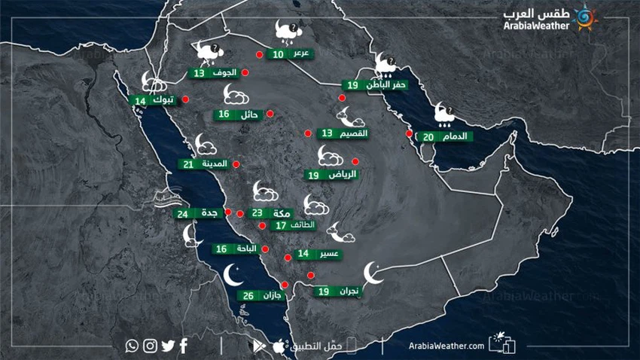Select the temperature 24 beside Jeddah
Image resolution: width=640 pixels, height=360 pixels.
point(183,214)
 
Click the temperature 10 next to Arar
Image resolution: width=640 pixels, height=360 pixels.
point(279,54)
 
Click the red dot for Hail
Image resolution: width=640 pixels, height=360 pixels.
point(270,114)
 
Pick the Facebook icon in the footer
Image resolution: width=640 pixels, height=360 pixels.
point(184,346)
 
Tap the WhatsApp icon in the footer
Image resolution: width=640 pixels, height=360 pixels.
point(133,346)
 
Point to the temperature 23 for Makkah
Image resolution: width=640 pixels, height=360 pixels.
point(257,213)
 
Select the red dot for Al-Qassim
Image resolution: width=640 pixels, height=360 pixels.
point(307,134)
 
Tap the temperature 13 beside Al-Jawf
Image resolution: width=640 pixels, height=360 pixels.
point(199,74)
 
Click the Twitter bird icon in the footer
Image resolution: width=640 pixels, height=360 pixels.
point(167,346)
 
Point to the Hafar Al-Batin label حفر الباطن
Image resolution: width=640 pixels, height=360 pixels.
point(386,86)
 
